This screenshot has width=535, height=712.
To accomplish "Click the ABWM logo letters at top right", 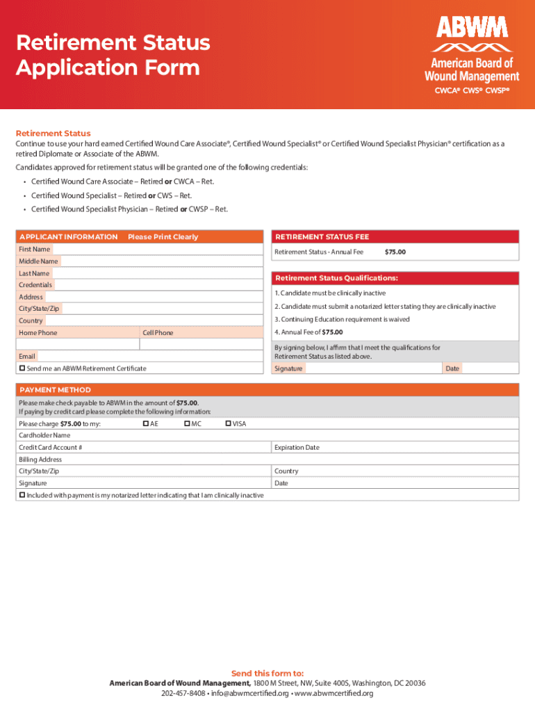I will pyautogui.click(x=472, y=28).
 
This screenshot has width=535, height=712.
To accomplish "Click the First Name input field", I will pyautogui.click(x=157, y=249).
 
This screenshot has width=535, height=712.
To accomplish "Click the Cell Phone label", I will pyautogui.click(x=158, y=333).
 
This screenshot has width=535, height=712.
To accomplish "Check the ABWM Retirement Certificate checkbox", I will pyautogui.click(x=22, y=368).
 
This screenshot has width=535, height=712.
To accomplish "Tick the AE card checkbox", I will pyautogui.click(x=146, y=423).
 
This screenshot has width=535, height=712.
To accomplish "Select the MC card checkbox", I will pyautogui.click(x=188, y=423).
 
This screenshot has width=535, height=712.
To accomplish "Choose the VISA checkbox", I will pyautogui.click(x=229, y=423).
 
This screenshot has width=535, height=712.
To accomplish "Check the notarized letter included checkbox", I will pyautogui.click(x=22, y=494).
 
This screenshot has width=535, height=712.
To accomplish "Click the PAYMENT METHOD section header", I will pyautogui.click(x=56, y=390).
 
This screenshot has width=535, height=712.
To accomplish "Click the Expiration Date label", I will pyautogui.click(x=297, y=448).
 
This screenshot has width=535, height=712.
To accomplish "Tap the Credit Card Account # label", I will pyautogui.click(x=51, y=448).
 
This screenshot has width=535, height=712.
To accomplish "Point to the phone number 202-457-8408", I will pyautogui.click(x=183, y=693).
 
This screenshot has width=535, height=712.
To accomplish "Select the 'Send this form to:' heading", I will pyautogui.click(x=267, y=673).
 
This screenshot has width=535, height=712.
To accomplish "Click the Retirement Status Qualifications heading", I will pyautogui.click(x=336, y=278).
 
